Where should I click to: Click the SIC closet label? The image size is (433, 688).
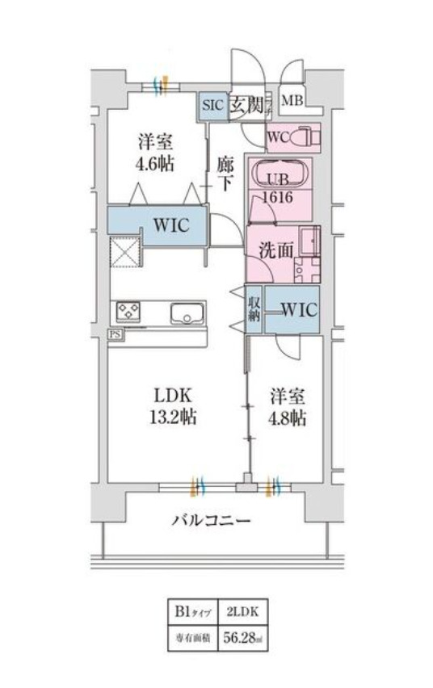pyautogui.click(x=212, y=105)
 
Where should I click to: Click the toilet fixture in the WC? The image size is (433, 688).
pyautogui.click(x=305, y=138)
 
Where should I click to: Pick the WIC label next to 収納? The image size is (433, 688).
pyautogui.click(x=299, y=308)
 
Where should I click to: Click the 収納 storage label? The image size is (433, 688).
pyautogui.click(x=253, y=308)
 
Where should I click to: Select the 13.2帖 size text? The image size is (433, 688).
pyautogui.click(x=174, y=418)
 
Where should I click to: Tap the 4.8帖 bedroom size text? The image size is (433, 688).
pyautogui.click(x=288, y=418)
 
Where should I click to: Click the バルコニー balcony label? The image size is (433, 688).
pyautogui.click(x=211, y=521)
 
